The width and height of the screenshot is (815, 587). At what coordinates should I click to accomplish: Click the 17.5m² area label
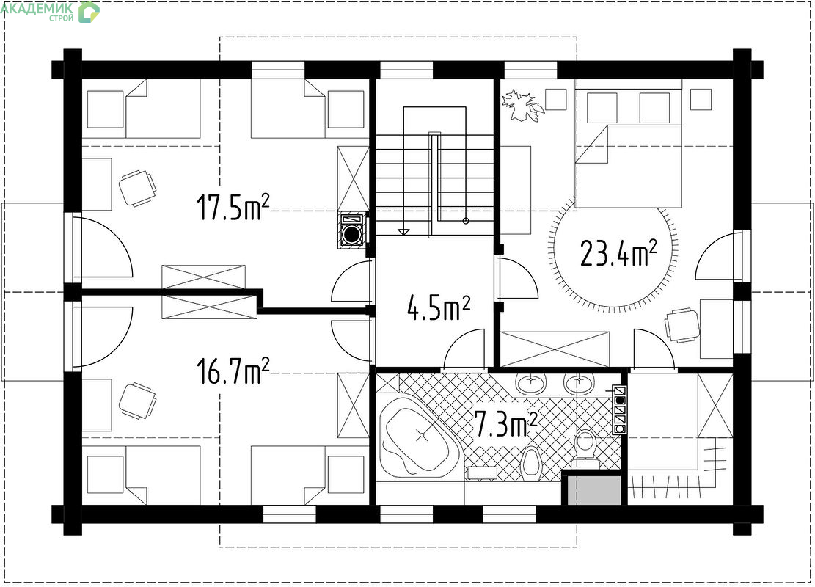(x=233, y=207)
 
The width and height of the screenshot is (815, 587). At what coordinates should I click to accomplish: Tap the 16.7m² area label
(x=233, y=371)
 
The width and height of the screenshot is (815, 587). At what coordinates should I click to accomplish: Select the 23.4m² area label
(x=618, y=253)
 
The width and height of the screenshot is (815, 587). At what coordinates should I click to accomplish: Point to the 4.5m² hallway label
(x=439, y=307)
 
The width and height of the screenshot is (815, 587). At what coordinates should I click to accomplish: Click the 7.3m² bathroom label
(x=505, y=424)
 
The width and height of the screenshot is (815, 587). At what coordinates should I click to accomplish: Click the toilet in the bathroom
(x=586, y=447)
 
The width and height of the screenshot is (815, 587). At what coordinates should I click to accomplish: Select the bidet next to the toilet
(x=530, y=461)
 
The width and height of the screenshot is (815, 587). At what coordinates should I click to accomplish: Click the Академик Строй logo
(x=50, y=11)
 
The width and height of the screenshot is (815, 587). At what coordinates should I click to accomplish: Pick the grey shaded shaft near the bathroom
(x=594, y=489)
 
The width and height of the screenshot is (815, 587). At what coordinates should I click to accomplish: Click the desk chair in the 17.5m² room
(x=138, y=188)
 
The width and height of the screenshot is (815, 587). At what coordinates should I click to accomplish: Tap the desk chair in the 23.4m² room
(x=682, y=326)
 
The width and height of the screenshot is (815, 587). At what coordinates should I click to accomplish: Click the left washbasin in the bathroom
(x=530, y=383)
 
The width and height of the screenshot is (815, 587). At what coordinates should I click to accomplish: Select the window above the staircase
(x=406, y=69)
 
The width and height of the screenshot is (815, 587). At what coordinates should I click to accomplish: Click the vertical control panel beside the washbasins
(x=620, y=409)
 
